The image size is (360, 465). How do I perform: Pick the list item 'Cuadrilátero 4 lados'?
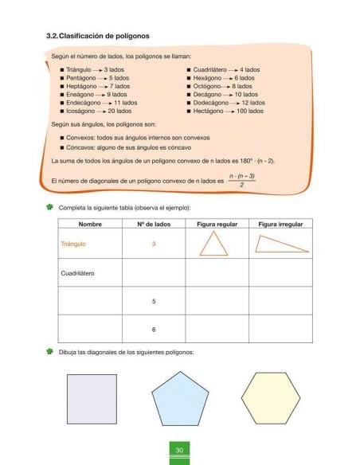coord(227,70)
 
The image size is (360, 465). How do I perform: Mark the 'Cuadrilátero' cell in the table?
coord(78,273)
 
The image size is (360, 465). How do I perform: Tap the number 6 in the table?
coord(154,328)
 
